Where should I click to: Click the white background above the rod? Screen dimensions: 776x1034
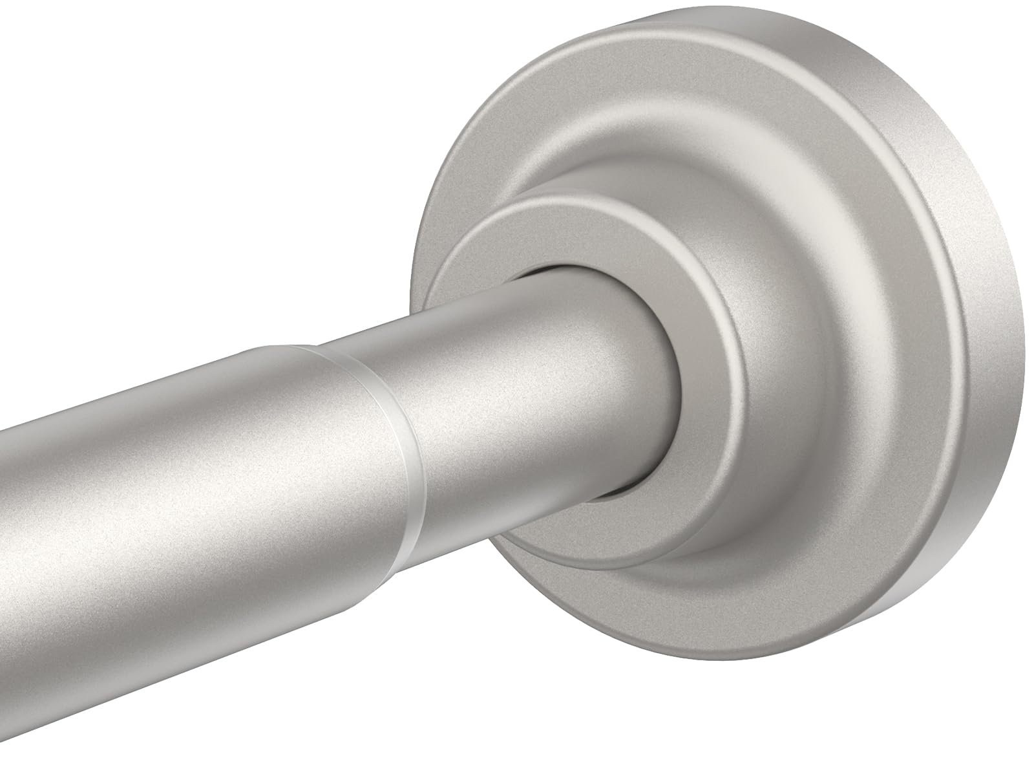pyautogui.click(x=194, y=162)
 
